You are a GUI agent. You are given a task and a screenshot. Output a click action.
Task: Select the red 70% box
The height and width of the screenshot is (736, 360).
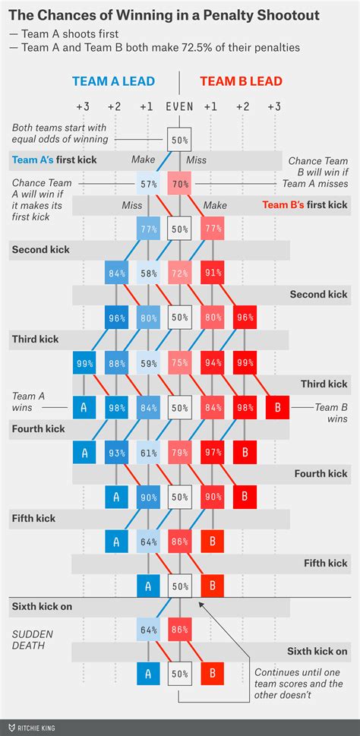coord(180,183)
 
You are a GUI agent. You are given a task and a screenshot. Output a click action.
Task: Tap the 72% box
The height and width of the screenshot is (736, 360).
coord(180,273)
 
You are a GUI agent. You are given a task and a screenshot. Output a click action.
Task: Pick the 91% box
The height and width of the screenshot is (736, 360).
coord(213,273)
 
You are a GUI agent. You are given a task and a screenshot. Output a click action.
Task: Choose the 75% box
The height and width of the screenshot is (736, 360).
coord(180,362)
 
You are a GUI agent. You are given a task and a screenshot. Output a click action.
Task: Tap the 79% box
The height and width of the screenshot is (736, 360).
coord(180,453)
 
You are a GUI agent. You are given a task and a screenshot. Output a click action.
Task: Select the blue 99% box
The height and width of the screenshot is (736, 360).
coord(84,362)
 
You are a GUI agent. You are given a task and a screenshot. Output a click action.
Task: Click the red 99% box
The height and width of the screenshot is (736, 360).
coord(245,362)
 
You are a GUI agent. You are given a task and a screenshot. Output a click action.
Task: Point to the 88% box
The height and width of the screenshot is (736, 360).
coord(115,362)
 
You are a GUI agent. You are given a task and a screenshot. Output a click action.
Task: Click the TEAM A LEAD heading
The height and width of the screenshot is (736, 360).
coord(114,81)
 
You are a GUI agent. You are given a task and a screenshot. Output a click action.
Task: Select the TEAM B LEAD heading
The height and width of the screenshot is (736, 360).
coord(241,81)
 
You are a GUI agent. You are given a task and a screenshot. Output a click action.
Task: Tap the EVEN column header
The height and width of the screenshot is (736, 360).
coord(180,107)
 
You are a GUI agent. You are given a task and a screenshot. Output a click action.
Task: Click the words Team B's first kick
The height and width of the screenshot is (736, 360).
coord(304,205)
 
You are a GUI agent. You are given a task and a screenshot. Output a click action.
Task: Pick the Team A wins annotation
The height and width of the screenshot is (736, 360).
coord(29,402)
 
